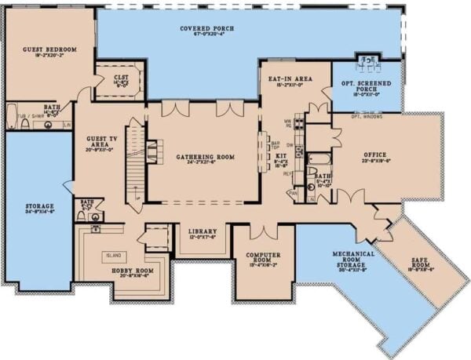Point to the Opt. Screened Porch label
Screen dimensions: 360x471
(367, 85)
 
